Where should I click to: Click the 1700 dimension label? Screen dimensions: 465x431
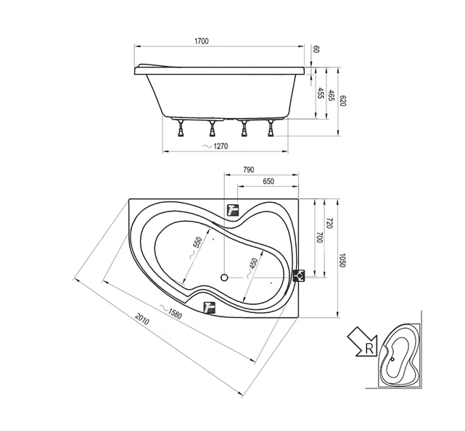pos(202,41)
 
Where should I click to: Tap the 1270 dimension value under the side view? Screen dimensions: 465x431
pos(221,146)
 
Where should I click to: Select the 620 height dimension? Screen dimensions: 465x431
pos(343,101)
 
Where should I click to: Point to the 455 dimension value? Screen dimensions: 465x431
pos(321,93)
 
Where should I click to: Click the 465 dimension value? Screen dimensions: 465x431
pos(332,96)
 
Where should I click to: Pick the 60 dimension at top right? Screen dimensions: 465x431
pos(316,49)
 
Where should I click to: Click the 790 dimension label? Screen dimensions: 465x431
pos(249,170)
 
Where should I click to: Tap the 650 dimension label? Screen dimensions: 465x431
pos(268,181)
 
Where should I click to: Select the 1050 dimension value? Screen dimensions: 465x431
pos(342,260)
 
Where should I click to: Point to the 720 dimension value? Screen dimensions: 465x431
pos(330,223)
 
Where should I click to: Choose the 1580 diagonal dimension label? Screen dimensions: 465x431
pos(175,314)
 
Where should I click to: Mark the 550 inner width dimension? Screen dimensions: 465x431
pos(197,244)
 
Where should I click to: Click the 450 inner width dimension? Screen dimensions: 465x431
pos(253,262)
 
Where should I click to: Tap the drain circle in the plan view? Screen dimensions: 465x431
pos(224,277)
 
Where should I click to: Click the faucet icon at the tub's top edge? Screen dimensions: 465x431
pos(233,210)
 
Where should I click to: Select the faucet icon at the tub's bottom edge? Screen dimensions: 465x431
pos(210,307)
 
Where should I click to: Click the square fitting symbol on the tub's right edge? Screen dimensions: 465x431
pos(299,276)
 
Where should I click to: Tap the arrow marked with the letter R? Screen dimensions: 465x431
pos(363,342)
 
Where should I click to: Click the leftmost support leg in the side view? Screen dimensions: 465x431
pos(181,128)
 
